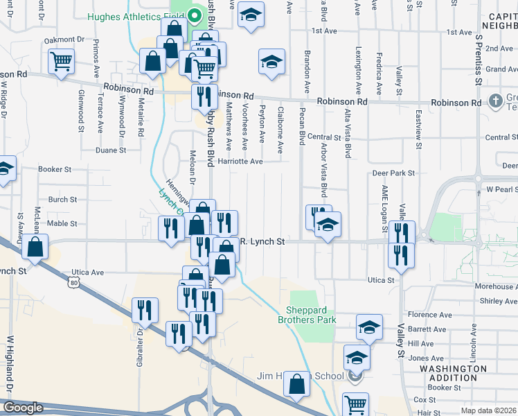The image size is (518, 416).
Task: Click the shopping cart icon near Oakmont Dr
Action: click(x=62, y=62)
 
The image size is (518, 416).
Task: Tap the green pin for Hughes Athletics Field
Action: click(x=195, y=12)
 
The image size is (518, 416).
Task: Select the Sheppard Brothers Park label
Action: click(x=307, y=315)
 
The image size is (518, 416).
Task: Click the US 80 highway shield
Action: click(x=74, y=282)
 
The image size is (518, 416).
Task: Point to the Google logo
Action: click(x=23, y=408)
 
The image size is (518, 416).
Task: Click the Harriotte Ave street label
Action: click(x=240, y=162)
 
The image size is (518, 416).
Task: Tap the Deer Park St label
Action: click(x=393, y=173)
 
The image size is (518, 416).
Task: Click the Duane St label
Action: click(x=110, y=150)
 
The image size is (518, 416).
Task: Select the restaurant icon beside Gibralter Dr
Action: click(x=145, y=310)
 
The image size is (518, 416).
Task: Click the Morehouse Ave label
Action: click(x=496, y=286)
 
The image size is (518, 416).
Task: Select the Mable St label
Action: click(x=62, y=223)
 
